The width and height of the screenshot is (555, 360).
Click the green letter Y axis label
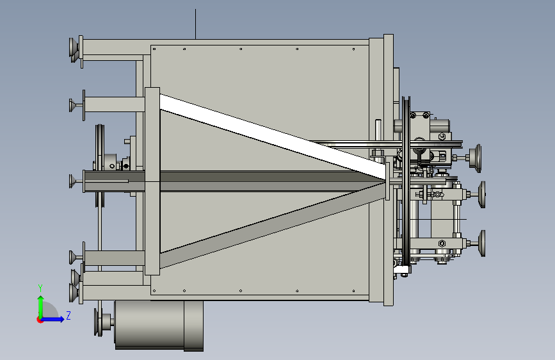(x=40, y=288)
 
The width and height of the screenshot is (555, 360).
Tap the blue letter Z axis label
(x=68, y=315)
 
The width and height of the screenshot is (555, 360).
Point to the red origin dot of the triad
(x=39, y=320)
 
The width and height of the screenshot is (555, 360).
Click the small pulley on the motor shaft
(x=99, y=322)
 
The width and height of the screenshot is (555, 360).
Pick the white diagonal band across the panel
(x=273, y=136)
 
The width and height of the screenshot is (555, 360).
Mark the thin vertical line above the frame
(x=195, y=24)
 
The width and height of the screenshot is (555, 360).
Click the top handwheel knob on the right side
(x=476, y=158)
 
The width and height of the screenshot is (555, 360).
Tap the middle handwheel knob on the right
(x=481, y=194)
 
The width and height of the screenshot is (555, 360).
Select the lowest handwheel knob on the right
(x=481, y=243)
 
